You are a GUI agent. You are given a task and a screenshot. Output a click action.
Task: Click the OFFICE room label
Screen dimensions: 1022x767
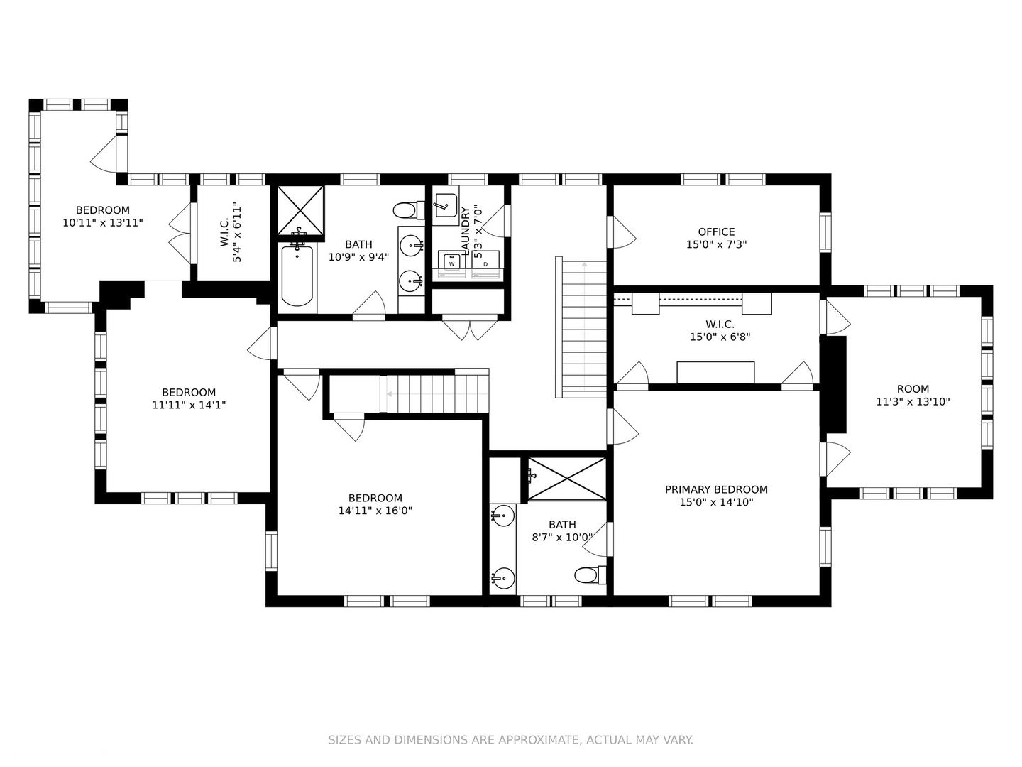(x=716, y=232)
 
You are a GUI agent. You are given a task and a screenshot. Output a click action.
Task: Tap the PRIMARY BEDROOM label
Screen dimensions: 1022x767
(x=716, y=489)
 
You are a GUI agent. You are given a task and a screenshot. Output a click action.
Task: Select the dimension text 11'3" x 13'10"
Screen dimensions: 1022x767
(x=913, y=401)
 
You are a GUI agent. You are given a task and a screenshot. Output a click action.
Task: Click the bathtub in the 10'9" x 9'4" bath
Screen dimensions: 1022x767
(x=297, y=276)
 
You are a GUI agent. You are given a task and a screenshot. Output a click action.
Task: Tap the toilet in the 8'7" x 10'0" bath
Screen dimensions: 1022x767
(x=590, y=575)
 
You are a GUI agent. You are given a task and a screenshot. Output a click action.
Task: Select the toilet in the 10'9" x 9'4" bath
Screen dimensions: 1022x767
(x=409, y=210)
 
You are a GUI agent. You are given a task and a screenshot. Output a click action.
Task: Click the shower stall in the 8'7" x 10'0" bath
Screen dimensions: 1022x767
(x=566, y=479)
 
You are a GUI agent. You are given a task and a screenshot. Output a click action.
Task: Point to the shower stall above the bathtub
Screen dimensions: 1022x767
(x=301, y=210)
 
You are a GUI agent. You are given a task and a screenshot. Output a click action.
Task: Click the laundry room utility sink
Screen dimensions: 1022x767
(x=445, y=206)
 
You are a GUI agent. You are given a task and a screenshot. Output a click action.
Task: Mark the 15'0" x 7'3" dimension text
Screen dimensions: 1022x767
(x=716, y=244)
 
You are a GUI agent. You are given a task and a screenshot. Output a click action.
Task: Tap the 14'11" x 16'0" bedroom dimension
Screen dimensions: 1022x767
(x=375, y=511)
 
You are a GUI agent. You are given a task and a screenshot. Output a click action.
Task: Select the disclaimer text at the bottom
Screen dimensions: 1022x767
(x=511, y=740)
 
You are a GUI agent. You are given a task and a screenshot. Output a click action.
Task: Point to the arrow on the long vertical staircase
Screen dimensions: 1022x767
(x=584, y=326)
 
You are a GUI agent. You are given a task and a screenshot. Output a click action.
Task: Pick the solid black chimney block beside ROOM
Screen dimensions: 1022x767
(x=833, y=385)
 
